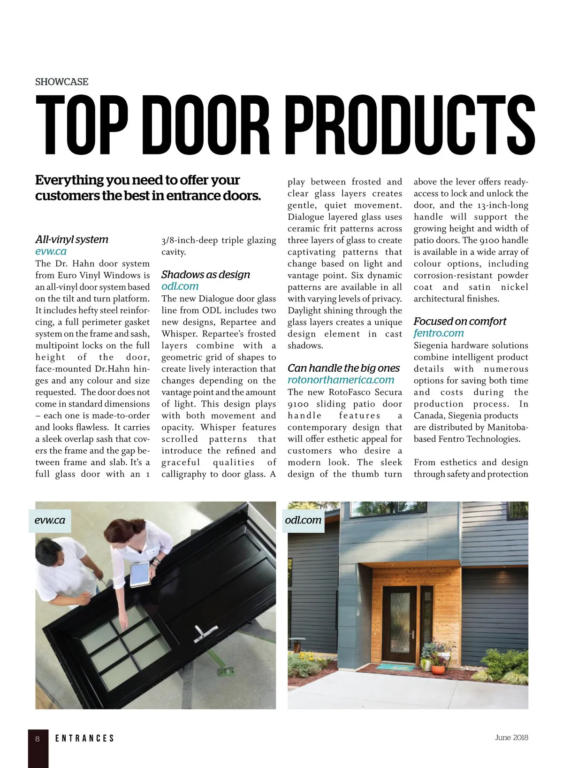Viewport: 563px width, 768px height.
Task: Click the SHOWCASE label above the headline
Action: pos(61,82)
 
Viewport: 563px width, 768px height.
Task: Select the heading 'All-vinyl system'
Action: pos(72,239)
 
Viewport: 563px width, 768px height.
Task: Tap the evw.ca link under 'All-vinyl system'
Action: pos(51,251)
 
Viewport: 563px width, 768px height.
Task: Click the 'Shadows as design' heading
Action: pos(205,275)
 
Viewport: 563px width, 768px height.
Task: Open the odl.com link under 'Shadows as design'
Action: pos(180,286)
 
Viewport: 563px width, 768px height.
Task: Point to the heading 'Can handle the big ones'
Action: pos(343,368)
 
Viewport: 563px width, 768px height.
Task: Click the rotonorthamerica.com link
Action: pos(341,380)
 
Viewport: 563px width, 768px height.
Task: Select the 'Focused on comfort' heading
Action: pos(460,322)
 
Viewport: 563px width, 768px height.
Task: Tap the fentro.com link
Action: pos(438,333)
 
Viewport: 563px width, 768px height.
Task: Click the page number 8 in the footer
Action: pos(38,739)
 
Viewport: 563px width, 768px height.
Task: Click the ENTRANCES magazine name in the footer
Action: pos(84,738)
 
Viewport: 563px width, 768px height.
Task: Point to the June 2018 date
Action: pos(511,737)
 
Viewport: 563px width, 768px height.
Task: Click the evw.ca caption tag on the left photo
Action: pos(50,520)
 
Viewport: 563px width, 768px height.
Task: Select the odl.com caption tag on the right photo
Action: pos(303,520)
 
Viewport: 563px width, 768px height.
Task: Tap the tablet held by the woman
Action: pos(140,574)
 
